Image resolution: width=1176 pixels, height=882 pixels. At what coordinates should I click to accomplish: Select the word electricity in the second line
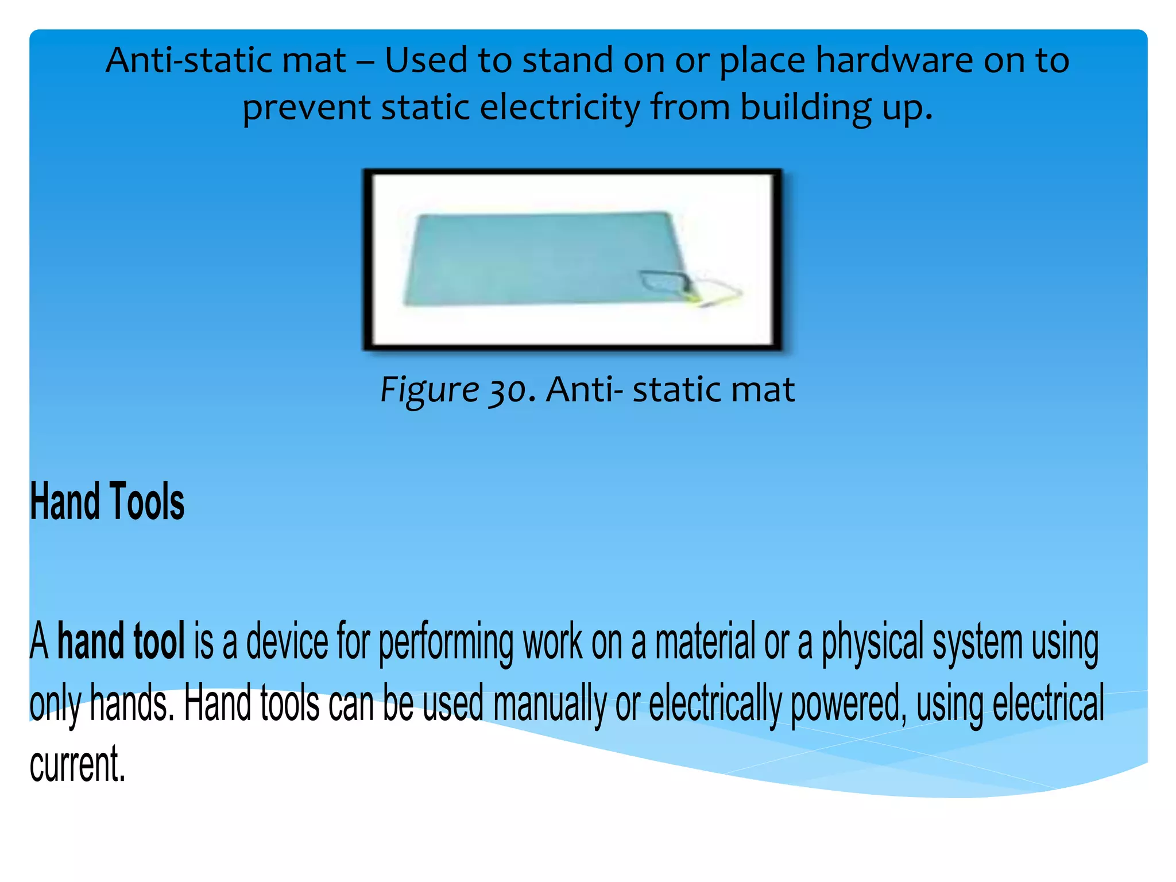560,107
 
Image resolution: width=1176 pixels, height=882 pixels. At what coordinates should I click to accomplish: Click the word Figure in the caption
430,390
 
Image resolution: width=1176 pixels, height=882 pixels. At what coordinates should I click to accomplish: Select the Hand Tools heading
107,502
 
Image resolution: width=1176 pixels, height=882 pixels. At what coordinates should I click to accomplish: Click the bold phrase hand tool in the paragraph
121,641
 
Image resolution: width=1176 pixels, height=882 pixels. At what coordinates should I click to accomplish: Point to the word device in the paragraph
287,641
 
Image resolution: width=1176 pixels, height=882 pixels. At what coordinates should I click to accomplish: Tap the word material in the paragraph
705,641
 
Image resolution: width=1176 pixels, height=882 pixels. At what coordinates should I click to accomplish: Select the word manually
550,705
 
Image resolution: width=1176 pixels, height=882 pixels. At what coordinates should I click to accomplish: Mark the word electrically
715,705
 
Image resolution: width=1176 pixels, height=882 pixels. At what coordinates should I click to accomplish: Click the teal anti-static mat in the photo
534,258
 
